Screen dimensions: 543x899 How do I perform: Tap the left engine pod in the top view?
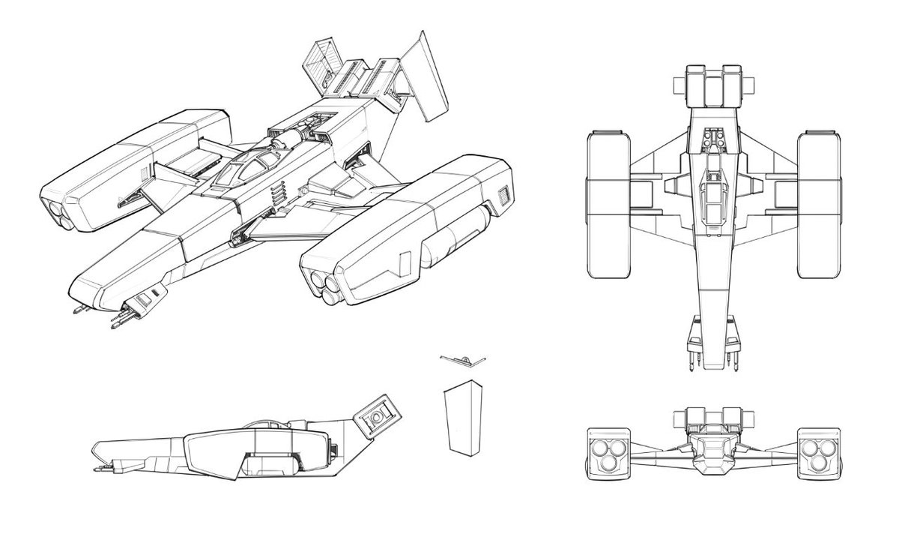pos(608,204)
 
